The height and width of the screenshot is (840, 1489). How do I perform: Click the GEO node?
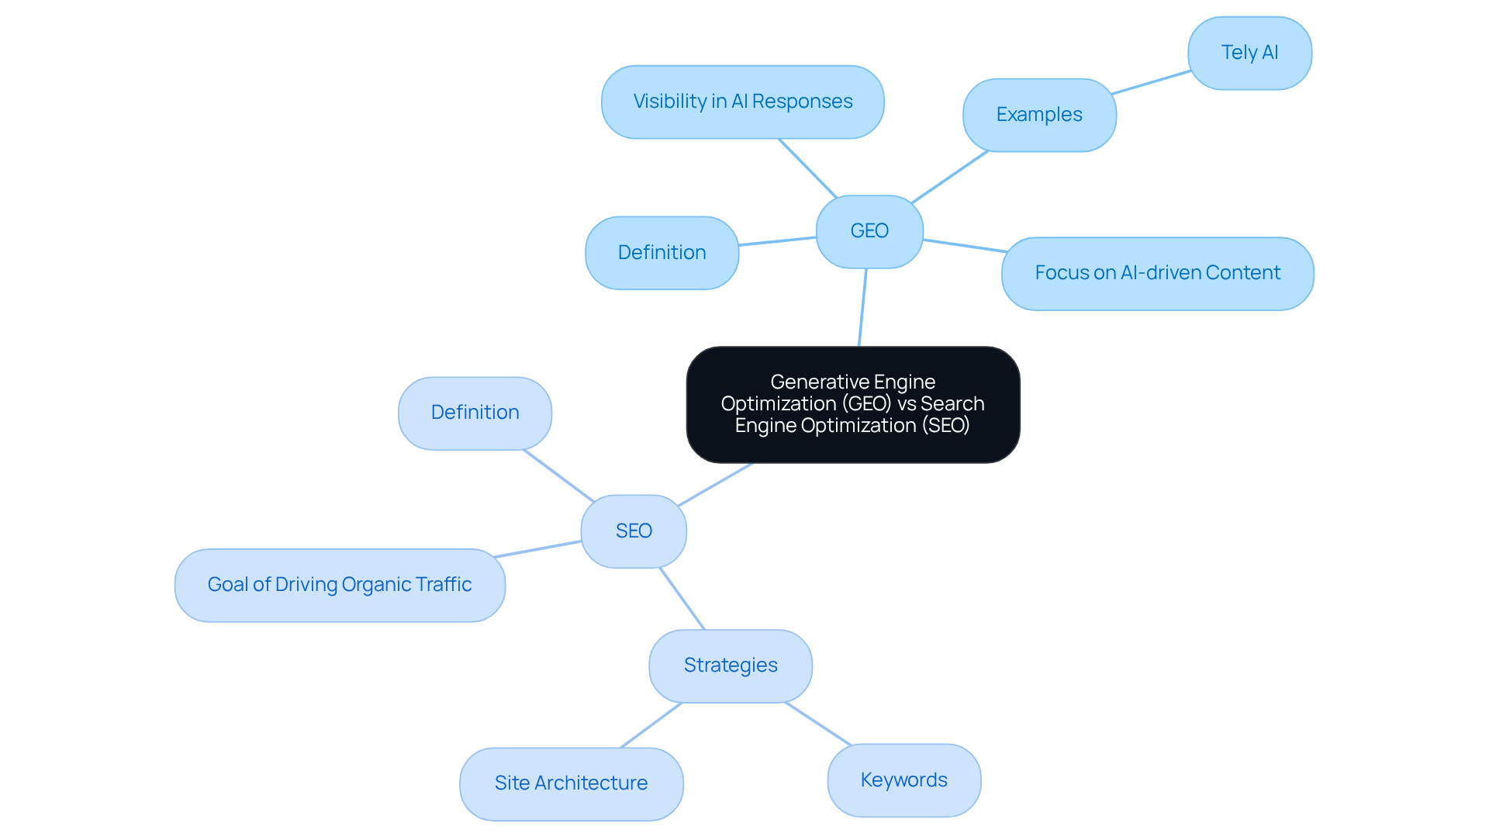(869, 231)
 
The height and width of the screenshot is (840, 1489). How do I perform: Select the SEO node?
(634, 531)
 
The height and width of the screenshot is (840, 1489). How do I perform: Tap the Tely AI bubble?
(1249, 53)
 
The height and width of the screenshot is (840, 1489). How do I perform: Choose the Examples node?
(1039, 115)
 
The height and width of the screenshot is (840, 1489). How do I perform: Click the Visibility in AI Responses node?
(742, 102)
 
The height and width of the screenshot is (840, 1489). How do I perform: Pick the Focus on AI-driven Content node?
(1157, 273)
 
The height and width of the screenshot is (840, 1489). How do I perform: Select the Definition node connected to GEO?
(662, 253)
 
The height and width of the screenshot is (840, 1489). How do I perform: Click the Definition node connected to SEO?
(475, 413)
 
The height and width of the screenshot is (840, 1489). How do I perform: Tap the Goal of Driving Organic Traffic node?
(340, 585)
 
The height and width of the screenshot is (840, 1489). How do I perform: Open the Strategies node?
(731, 665)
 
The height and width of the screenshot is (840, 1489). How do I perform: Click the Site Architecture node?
(571, 783)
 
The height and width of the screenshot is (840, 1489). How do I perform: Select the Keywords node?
(903, 780)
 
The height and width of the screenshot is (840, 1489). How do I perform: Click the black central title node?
(852, 404)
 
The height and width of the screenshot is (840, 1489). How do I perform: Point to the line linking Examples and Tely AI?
(1151, 82)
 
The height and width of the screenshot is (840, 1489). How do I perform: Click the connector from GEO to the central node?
(862, 307)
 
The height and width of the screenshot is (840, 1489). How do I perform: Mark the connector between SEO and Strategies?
(682, 598)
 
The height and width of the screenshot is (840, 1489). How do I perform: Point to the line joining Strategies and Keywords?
(818, 724)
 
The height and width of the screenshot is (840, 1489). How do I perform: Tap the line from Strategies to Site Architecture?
(651, 725)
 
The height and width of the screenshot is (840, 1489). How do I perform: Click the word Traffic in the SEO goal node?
(444, 585)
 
